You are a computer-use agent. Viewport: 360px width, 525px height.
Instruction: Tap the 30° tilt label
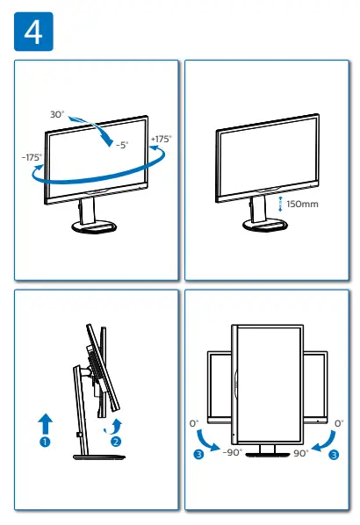pyautogui.click(x=58, y=114)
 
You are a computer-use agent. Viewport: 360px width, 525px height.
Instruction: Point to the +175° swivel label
pyautogui.click(x=161, y=139)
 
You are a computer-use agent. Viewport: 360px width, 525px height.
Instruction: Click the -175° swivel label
pyautogui.click(x=32, y=157)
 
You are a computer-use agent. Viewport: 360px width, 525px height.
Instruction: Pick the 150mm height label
pyautogui.click(x=302, y=204)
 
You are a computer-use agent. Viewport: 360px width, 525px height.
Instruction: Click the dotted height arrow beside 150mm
pyautogui.click(x=280, y=204)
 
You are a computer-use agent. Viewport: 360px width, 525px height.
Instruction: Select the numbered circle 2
pyautogui.click(x=115, y=442)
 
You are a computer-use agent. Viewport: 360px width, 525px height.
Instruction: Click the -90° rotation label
pyautogui.click(x=232, y=453)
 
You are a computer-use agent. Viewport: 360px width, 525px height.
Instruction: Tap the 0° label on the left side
pyautogui.click(x=194, y=423)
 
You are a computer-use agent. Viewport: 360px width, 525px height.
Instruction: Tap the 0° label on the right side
pyautogui.click(x=339, y=423)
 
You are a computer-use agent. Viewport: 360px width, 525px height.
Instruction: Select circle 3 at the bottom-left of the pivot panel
pyautogui.click(x=199, y=454)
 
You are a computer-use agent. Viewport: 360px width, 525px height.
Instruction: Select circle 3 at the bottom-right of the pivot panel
pyautogui.click(x=332, y=454)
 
